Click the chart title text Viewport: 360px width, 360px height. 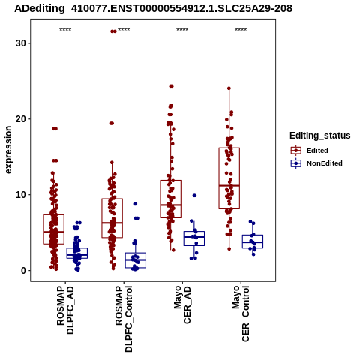pyautogui.click(x=153, y=8)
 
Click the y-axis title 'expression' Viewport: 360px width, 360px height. pyautogui.click(x=8, y=150)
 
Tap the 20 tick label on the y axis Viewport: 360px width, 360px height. pyautogui.click(x=21, y=119)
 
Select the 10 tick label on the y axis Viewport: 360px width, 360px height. pyautogui.click(x=21, y=195)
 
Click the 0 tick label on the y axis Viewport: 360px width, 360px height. pyautogui.click(x=24, y=271)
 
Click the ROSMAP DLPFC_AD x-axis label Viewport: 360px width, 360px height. pyautogui.click(x=65, y=310)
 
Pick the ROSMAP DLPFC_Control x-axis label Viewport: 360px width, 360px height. pyautogui.click(x=124, y=319)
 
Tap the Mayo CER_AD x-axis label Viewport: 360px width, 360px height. pyautogui.click(x=182, y=305)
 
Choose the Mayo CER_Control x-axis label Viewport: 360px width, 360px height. pyautogui.click(x=241, y=313)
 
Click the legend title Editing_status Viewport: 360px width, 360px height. pyautogui.click(x=320, y=136)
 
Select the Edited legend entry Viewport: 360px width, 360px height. pyautogui.click(x=310, y=151)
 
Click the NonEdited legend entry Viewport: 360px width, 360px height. pyautogui.click(x=316, y=163)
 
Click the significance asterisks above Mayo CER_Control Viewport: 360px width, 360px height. pyautogui.click(x=241, y=30)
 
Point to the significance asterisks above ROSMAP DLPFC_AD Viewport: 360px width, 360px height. pyautogui.click(x=65, y=30)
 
